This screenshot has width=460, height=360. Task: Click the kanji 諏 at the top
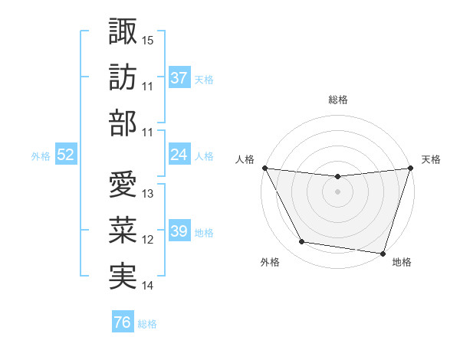(123, 31)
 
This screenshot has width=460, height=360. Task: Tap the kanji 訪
(123, 77)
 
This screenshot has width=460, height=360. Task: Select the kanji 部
(123, 123)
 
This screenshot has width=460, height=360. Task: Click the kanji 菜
(123, 231)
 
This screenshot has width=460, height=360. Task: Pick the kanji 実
(123, 277)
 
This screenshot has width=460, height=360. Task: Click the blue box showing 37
(179, 78)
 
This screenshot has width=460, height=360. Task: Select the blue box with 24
(179, 155)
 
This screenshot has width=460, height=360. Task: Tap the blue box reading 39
(179, 231)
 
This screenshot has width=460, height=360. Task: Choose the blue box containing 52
(66, 155)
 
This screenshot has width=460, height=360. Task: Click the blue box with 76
(122, 322)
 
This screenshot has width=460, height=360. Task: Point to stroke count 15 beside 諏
(148, 41)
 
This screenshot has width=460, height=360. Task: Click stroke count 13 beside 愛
(148, 194)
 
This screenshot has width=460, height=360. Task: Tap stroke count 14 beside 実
(148, 286)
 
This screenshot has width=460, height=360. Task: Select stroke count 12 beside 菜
(148, 240)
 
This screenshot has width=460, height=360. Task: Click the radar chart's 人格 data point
(265, 168)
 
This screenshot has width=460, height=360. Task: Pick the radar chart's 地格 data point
(382, 253)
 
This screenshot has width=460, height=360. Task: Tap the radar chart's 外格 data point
(302, 242)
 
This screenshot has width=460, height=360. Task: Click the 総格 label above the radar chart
(337, 100)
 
